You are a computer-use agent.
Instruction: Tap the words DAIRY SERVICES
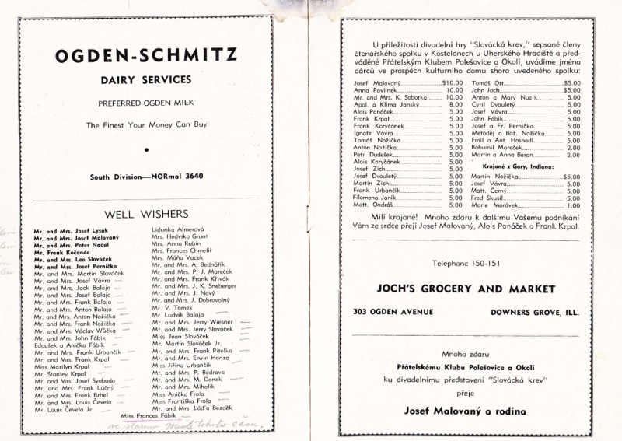[145, 79]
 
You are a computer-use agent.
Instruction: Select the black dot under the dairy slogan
[145, 148]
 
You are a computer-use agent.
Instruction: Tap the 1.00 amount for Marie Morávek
[573, 205]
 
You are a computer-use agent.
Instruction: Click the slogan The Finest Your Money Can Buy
[145, 124]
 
